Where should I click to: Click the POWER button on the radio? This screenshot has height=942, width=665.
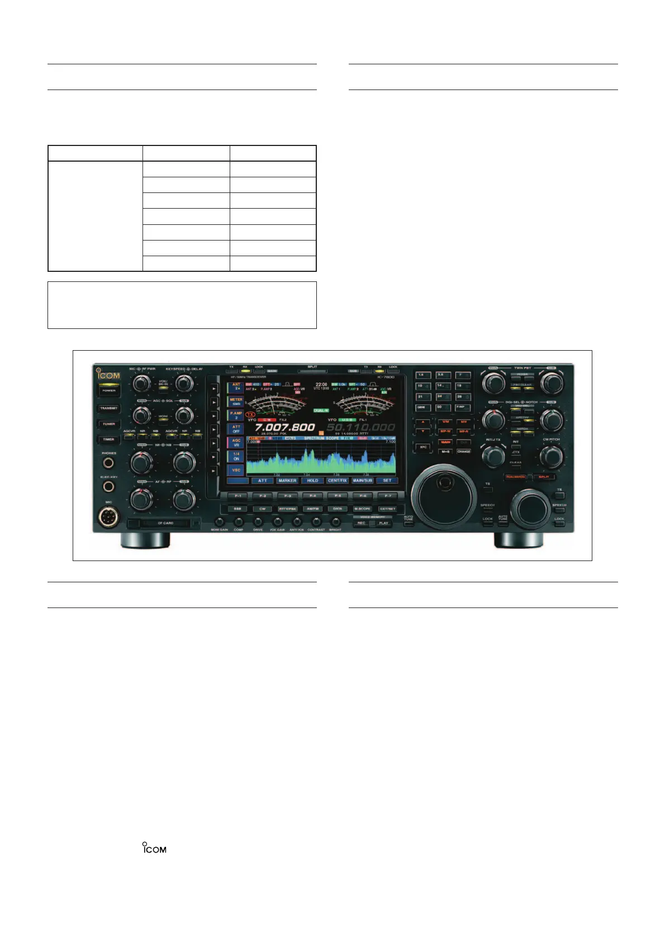109,390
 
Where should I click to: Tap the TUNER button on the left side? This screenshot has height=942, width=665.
109,424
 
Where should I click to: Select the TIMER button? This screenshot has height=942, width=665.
109,440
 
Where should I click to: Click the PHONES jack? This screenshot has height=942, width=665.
108,463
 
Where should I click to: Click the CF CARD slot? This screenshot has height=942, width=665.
164,524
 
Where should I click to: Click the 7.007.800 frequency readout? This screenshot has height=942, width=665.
285,427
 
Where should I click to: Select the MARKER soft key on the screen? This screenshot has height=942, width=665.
287,481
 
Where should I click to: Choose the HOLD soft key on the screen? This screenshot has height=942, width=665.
312,481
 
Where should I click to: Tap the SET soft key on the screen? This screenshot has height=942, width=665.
387,481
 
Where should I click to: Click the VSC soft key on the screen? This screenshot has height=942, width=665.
236,470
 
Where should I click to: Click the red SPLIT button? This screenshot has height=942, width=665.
544,477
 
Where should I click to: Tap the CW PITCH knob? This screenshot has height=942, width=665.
551,456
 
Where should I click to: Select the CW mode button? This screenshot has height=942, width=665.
262,509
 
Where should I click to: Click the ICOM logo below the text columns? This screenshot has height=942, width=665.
154,848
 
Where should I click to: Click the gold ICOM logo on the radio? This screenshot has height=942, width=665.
109,375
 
